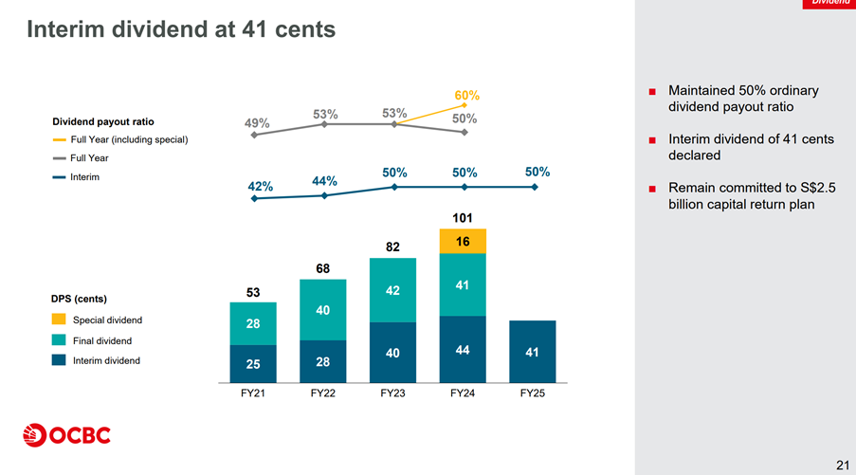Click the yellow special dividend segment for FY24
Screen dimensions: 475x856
tap(463, 242)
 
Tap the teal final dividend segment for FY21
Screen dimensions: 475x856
tap(253, 323)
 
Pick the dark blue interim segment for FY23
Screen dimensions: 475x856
tap(393, 352)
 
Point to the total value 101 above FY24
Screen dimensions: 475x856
tap(463, 218)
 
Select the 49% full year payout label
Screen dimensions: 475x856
tap(257, 123)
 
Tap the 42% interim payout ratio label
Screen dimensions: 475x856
tap(261, 186)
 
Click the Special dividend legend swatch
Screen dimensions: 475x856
tap(59, 320)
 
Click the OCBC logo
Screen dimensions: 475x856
tap(66, 435)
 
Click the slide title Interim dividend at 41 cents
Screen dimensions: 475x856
tap(181, 30)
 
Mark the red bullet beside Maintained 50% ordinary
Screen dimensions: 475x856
tap(653, 91)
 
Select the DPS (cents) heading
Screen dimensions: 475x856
tap(85, 299)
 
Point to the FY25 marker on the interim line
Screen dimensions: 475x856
tap(536, 187)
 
